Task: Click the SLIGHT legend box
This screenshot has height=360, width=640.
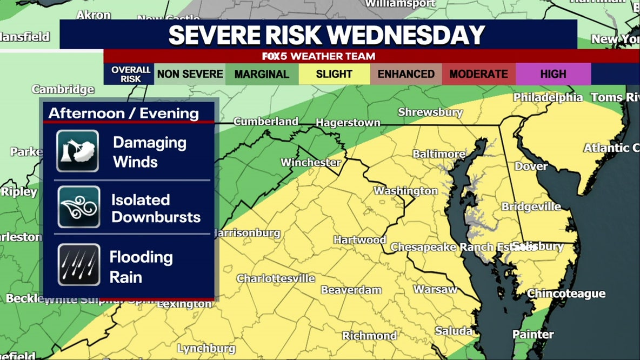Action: click(334, 74)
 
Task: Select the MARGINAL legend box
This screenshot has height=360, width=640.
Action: click(262, 74)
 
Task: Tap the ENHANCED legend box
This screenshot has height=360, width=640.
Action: click(406, 74)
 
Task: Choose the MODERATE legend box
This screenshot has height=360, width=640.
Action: click(478, 74)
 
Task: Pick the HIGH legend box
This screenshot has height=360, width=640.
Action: click(553, 74)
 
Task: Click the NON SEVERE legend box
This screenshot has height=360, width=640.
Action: click(190, 74)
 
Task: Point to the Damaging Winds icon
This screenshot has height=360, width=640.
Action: click(78, 151)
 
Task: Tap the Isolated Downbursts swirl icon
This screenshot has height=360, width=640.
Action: click(79, 207)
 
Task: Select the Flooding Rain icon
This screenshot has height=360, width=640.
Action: click(79, 265)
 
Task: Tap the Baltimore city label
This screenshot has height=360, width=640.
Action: click(439, 154)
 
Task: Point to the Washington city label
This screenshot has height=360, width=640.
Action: click(405, 191)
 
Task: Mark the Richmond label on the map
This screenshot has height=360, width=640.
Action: click(369, 336)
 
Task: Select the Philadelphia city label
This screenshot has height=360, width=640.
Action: click(548, 98)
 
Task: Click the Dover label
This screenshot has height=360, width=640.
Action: click(531, 166)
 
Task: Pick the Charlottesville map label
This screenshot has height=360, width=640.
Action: click(276, 278)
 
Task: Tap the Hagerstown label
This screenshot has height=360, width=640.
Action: click(348, 123)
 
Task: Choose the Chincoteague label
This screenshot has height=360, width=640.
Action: click(566, 294)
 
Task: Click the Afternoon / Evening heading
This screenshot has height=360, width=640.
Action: click(124, 113)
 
